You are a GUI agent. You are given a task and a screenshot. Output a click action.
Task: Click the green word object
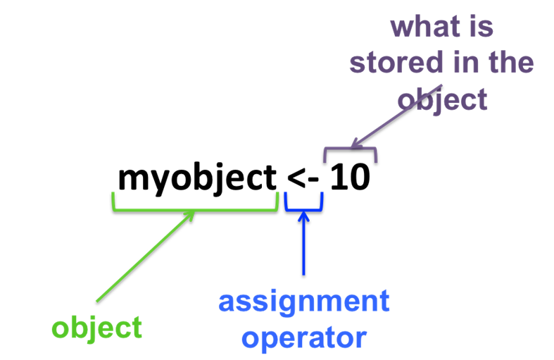tap(96, 328)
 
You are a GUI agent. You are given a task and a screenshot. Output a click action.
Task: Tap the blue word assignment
tap(303, 302)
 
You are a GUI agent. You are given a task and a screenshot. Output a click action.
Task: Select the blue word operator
tap(303, 337)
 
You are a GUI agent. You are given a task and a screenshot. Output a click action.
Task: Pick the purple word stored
tap(395, 63)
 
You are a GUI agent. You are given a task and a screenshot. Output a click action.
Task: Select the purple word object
tap(442, 99)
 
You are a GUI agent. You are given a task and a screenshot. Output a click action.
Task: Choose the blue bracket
tap(303, 209)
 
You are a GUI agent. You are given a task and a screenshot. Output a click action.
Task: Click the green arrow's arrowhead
tap(190, 214)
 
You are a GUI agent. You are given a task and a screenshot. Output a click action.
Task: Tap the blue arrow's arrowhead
tap(303, 216)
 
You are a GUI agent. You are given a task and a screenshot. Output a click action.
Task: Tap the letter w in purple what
tap(404, 28)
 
